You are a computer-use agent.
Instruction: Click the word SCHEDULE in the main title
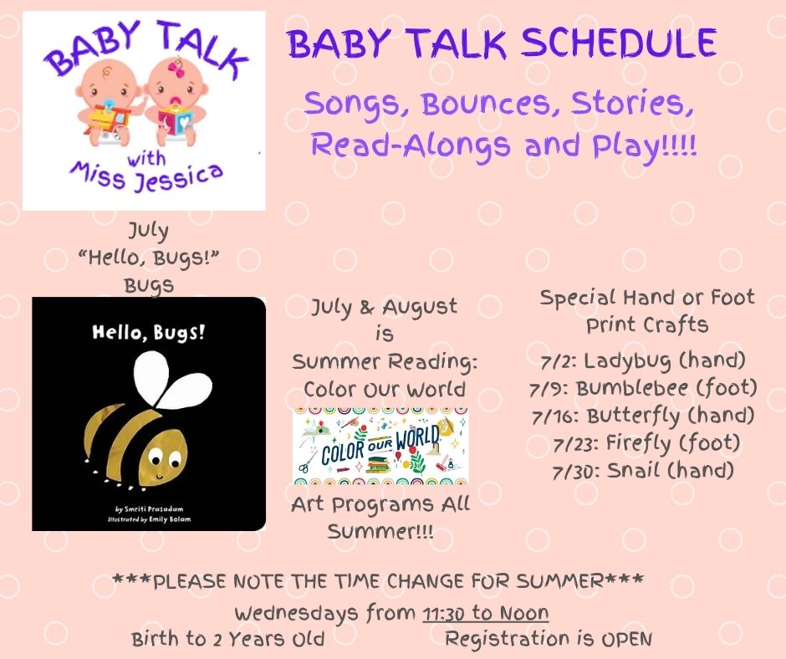coord(619,43)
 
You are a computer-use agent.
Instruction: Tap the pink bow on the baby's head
coord(176,68)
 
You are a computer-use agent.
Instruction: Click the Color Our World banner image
coord(380,446)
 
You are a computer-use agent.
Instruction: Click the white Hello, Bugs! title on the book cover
coord(148,333)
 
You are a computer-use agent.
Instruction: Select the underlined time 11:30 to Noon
coord(485,613)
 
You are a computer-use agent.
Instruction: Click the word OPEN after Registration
coord(626,639)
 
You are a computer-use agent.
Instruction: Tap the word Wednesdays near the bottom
coord(297,613)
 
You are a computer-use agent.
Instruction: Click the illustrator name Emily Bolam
coord(170,519)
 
